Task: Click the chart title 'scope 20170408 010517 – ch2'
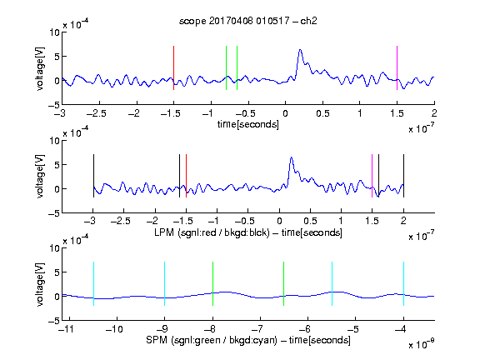pyautogui.click(x=248, y=21)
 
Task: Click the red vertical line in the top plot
pyautogui.click(x=173, y=68)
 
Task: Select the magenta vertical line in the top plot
pyautogui.click(x=397, y=68)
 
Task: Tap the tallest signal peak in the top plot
pyautogui.click(x=300, y=50)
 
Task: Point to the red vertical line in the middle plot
pyautogui.click(x=186, y=176)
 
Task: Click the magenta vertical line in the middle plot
pyautogui.click(x=372, y=176)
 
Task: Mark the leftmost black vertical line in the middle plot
pyautogui.click(x=93, y=176)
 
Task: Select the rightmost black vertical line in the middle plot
pyautogui.click(x=403, y=176)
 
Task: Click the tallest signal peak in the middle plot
pyautogui.click(x=292, y=157)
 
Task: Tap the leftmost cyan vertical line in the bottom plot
pyautogui.click(x=93, y=284)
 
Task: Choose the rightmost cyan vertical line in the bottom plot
pyautogui.click(x=403, y=284)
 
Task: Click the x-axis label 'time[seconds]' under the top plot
pyautogui.click(x=248, y=125)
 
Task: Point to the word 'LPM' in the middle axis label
pyautogui.click(x=164, y=232)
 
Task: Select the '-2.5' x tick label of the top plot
pyautogui.click(x=97, y=113)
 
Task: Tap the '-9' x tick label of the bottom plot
pyautogui.click(x=162, y=329)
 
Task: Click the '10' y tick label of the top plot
pyautogui.click(x=55, y=32)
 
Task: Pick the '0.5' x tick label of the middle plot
pyautogui.click(x=310, y=221)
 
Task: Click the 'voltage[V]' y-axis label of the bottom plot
pyautogui.click(x=40, y=284)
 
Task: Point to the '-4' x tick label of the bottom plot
pyautogui.click(x=401, y=329)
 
